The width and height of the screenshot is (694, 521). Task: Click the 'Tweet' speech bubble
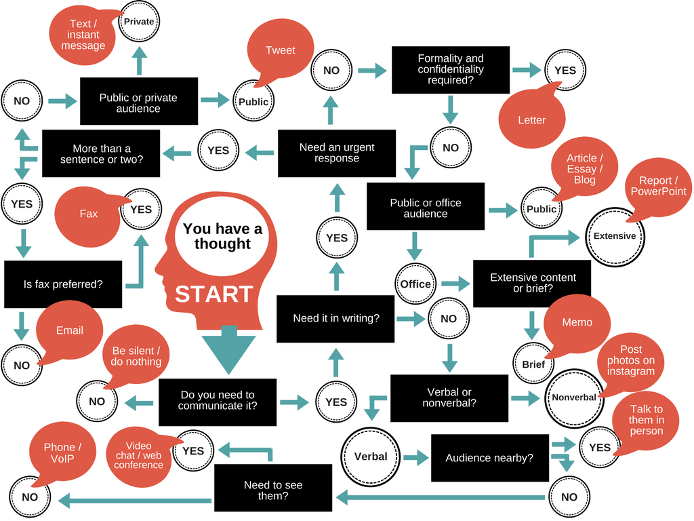click(280, 50)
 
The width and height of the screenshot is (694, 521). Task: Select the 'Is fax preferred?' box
click(63, 284)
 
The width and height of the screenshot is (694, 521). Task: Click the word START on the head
click(213, 294)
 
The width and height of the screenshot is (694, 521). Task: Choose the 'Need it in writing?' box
click(335, 318)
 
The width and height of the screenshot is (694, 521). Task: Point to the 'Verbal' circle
click(371, 457)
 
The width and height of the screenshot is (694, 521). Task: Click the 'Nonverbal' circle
click(574, 398)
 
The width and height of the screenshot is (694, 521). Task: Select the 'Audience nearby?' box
click(489, 458)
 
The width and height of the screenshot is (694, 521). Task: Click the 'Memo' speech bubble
click(577, 323)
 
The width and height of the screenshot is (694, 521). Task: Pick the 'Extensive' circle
click(615, 236)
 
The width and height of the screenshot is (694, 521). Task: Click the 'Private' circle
click(138, 22)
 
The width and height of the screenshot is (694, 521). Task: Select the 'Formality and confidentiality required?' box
click(451, 69)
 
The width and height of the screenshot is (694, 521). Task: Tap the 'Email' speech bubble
click(70, 330)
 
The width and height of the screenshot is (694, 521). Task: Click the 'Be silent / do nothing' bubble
click(137, 357)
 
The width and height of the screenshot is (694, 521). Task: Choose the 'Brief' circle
click(533, 364)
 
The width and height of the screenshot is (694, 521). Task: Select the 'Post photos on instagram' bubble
click(631, 361)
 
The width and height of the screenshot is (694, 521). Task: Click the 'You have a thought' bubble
click(222, 236)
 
